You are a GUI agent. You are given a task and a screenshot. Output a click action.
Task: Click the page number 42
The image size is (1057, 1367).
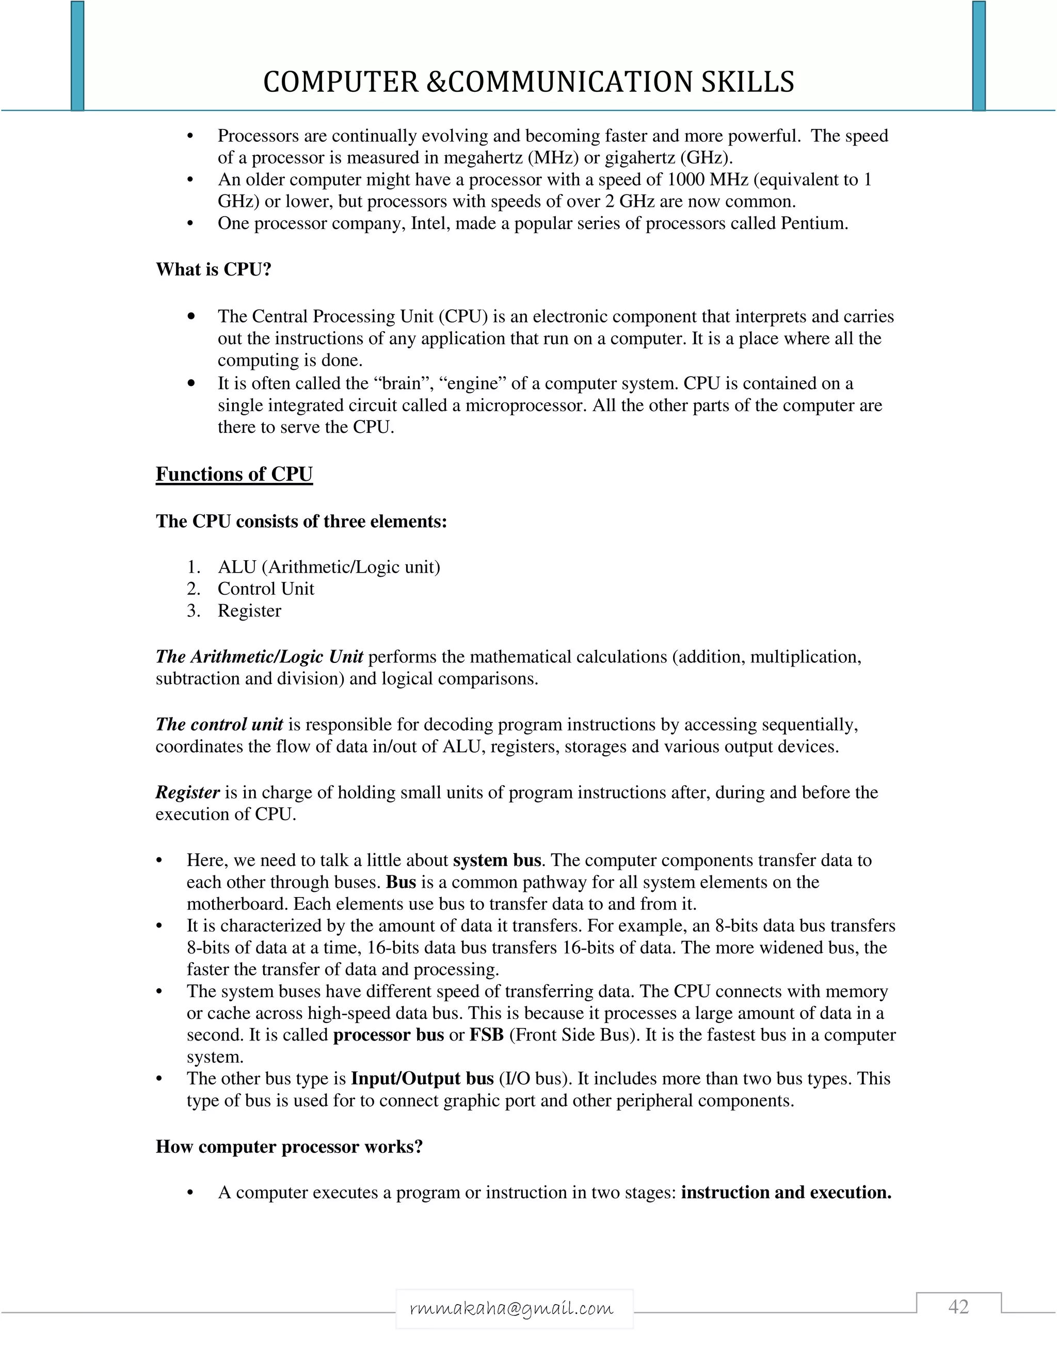(958, 1307)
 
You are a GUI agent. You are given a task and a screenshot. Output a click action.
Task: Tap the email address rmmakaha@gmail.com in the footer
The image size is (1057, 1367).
(511, 1308)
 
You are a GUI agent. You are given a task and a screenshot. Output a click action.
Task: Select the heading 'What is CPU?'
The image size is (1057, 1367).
(214, 270)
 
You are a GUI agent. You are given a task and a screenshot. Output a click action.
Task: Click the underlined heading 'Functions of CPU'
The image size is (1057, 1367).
(234, 474)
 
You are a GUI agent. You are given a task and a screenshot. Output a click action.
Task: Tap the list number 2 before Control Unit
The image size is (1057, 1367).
(194, 589)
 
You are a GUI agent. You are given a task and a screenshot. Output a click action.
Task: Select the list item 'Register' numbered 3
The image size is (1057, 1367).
(249, 611)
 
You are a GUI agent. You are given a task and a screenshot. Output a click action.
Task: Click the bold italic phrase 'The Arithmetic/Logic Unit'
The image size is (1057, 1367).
(259, 657)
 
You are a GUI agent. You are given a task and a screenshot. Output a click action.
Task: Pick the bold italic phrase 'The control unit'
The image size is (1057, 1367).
(219, 725)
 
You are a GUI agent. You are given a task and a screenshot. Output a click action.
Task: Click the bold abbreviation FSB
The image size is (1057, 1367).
(487, 1035)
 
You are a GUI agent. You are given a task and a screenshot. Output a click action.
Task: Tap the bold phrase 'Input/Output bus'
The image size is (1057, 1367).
(422, 1079)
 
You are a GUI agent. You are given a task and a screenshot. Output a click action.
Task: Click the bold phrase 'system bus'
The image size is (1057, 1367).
(497, 860)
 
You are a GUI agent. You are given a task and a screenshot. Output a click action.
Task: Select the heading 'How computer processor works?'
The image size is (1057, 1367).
(290, 1147)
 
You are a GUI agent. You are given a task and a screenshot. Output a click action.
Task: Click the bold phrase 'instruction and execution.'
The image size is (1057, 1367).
(786, 1192)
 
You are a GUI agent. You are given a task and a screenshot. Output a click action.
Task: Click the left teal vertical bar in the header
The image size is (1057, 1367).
(77, 56)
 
